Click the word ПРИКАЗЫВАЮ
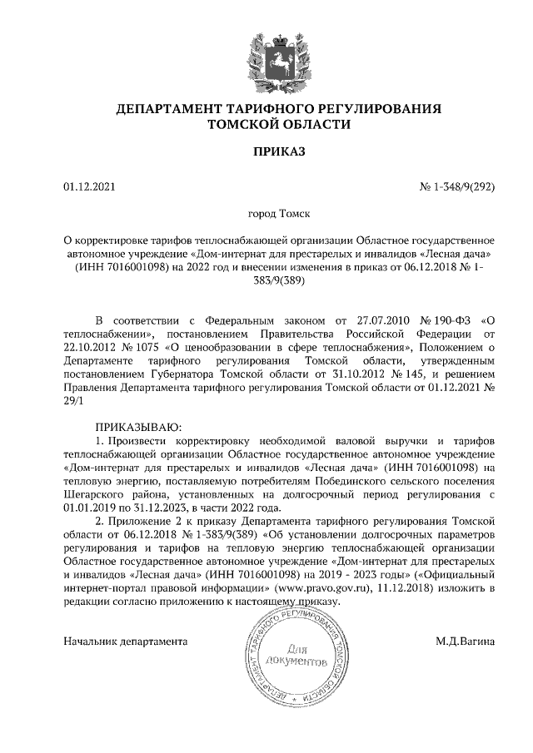(x=132, y=426)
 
